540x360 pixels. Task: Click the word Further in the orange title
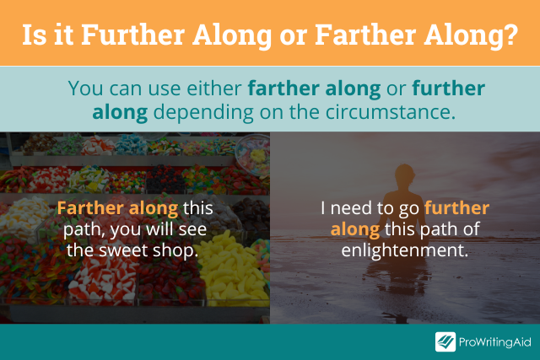(133, 35)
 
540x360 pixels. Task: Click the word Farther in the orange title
(365, 35)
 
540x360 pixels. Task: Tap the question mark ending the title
(510, 35)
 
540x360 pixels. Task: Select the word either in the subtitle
(213, 89)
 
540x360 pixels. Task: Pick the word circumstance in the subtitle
(390, 112)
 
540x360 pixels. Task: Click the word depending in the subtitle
(203, 113)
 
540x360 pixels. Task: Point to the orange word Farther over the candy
(90, 208)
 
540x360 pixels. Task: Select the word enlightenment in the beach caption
(405, 250)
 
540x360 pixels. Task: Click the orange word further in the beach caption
(456, 208)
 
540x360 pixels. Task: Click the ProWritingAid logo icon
(445, 341)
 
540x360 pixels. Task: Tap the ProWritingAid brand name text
(495, 342)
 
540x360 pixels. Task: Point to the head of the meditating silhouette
(405, 175)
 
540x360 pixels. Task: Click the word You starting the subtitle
(86, 89)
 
